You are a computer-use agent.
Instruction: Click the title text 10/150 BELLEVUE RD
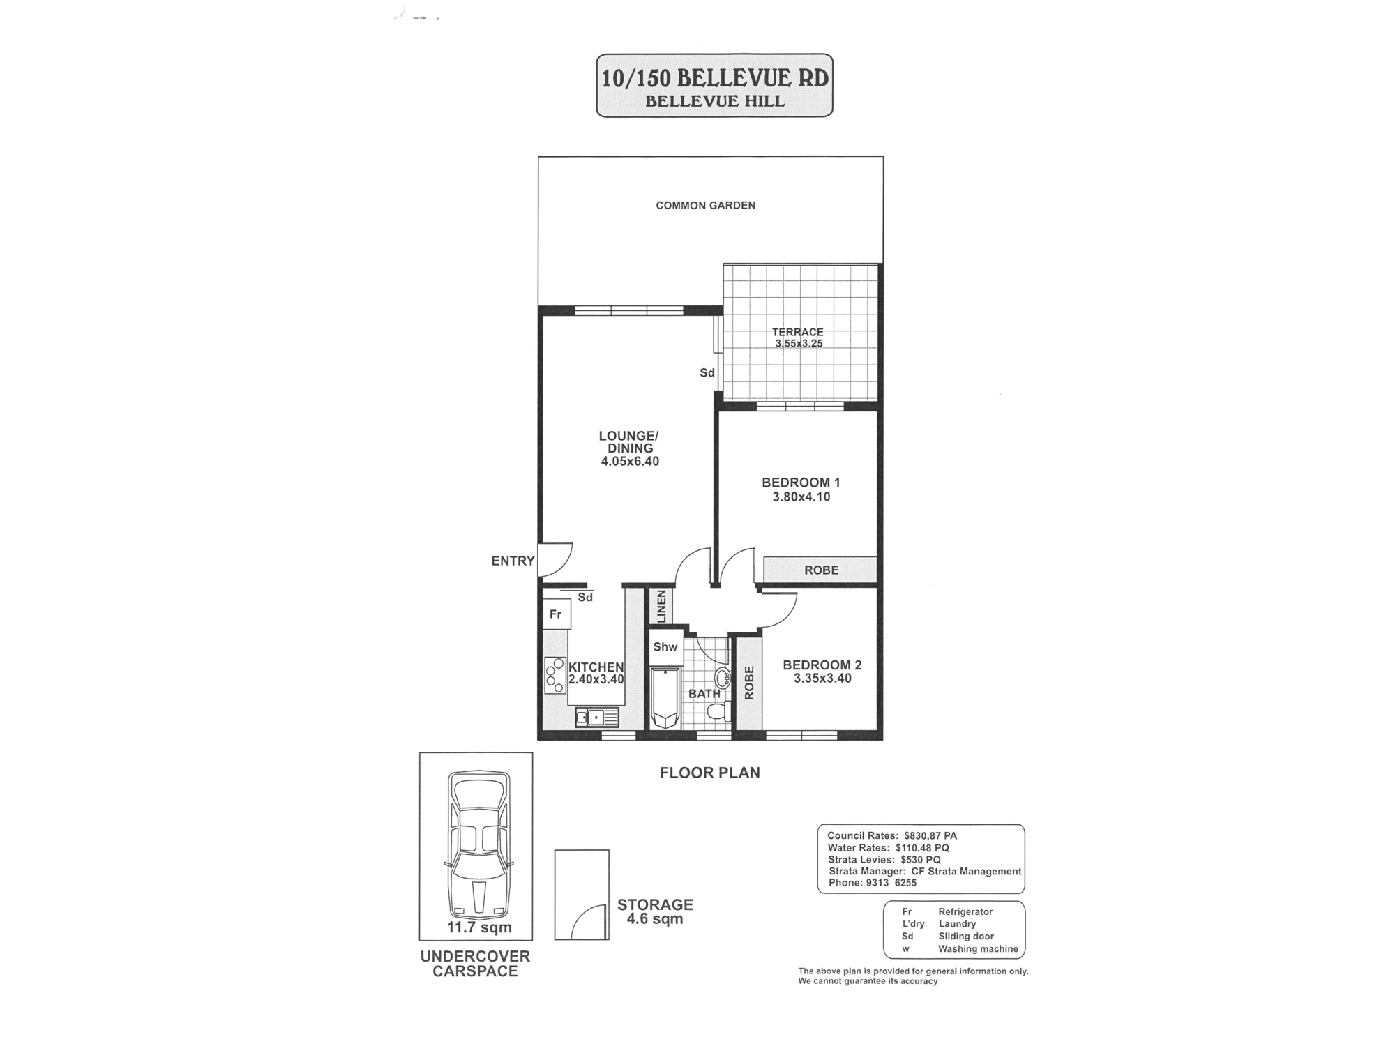coord(715,77)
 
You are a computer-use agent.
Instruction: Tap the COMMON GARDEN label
coord(705,205)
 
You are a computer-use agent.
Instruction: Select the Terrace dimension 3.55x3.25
coord(799,344)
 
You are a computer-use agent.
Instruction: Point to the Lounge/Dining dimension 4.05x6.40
coord(630,461)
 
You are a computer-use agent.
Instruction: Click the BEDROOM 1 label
coord(801,483)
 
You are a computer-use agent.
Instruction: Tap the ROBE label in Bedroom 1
coord(821,570)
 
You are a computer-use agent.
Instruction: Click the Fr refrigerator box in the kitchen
coord(557,614)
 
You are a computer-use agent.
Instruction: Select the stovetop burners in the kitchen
coord(555,675)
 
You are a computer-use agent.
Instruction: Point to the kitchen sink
coord(597,717)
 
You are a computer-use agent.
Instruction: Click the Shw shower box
coord(665,646)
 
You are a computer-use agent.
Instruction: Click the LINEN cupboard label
coord(661,606)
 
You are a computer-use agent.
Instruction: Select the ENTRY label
coord(513,561)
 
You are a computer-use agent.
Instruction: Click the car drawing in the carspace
coord(479,844)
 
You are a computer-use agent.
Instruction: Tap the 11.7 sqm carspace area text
coord(479,927)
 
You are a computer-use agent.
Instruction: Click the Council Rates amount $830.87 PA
coord(930,835)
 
